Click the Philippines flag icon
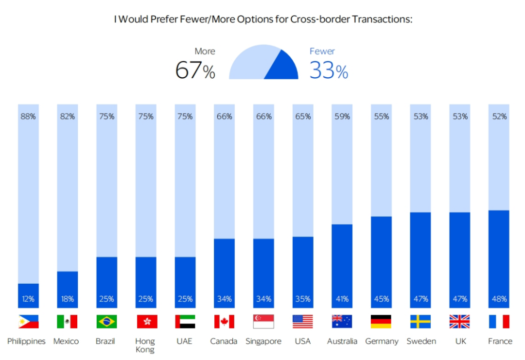point(28,322)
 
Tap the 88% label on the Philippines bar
point(28,117)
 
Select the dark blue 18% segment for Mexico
point(68,289)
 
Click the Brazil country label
point(105,341)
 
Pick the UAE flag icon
point(185,322)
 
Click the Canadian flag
point(224,322)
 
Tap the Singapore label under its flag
point(263,341)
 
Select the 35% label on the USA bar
point(303,299)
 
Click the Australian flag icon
point(342,322)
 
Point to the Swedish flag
point(420,322)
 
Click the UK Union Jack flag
point(459,322)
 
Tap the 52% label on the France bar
point(499,117)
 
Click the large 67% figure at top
point(195,71)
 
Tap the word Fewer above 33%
point(322,51)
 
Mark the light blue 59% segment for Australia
point(342,165)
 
